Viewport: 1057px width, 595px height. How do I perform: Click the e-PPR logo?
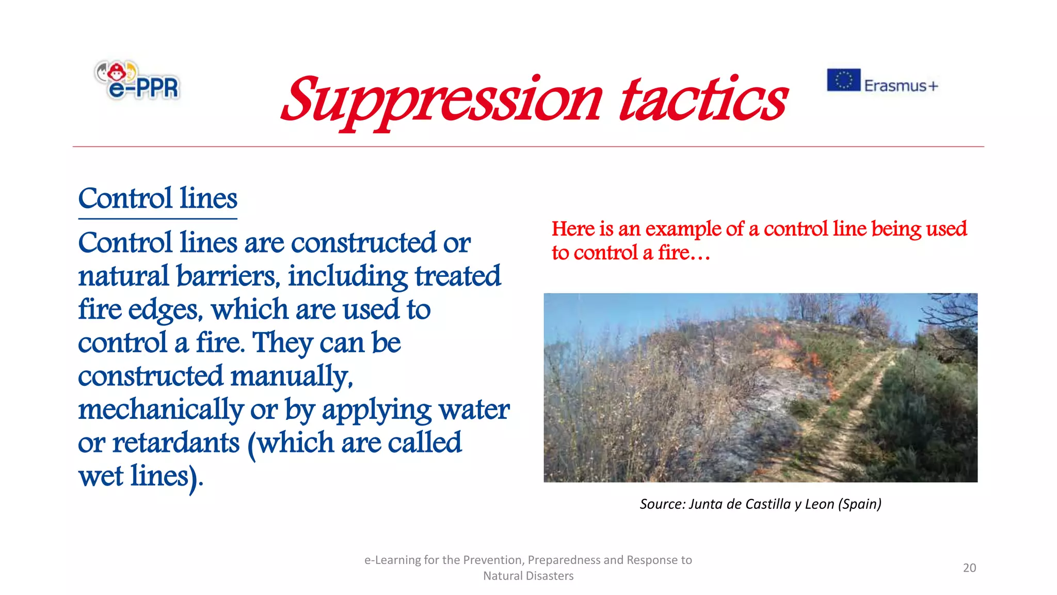pos(138,81)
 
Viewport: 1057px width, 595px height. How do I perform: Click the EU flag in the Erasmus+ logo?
pos(843,80)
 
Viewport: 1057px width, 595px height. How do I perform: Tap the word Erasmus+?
pos(901,86)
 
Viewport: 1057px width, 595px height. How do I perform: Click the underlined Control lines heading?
pos(157,199)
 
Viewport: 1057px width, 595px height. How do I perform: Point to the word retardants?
pos(176,443)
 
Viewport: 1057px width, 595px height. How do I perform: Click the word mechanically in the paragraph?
pos(161,410)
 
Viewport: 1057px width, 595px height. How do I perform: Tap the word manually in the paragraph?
pos(292,377)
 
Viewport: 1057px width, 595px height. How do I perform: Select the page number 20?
pos(969,568)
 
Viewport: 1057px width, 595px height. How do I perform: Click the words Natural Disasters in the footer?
pos(528,576)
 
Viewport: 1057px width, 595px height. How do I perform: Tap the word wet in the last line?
pos(101,477)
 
